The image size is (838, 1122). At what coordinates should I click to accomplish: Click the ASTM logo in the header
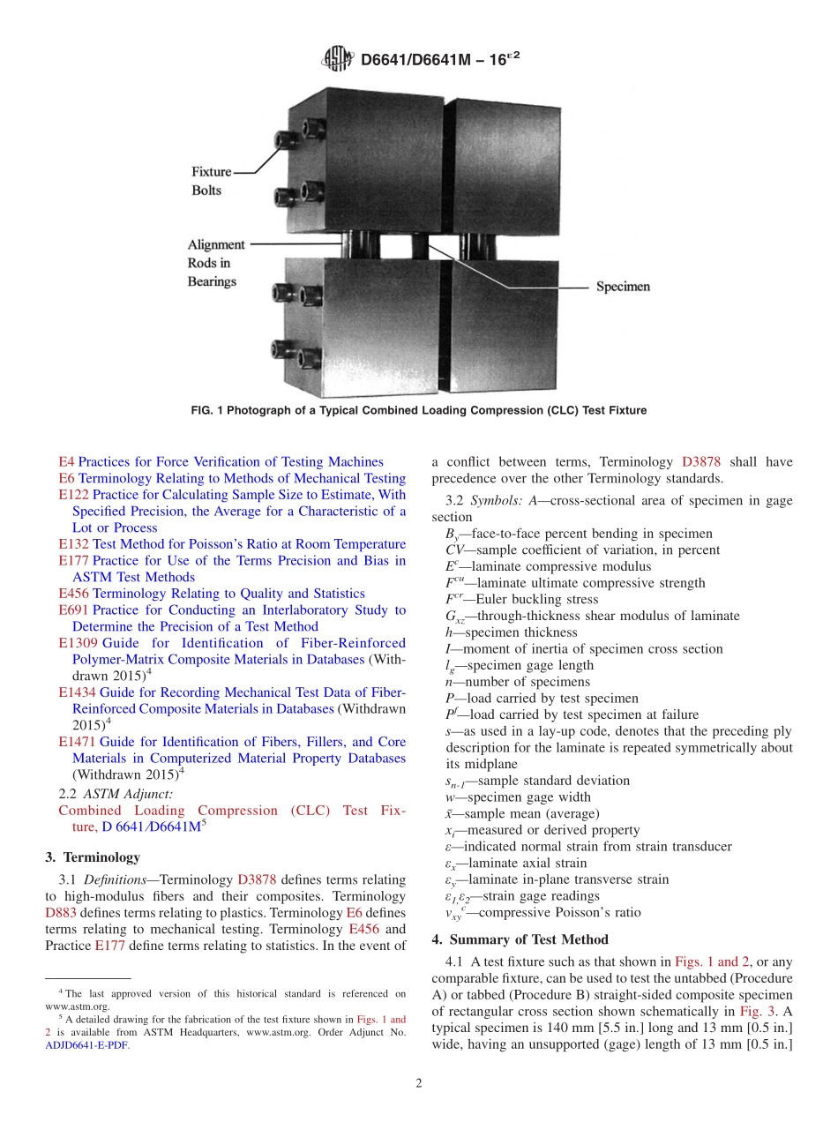click(x=339, y=60)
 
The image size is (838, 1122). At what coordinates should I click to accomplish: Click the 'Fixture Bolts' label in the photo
click(x=212, y=181)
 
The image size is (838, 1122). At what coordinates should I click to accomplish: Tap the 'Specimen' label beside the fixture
click(x=623, y=287)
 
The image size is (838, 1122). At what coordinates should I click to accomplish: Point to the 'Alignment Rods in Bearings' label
click(x=212, y=263)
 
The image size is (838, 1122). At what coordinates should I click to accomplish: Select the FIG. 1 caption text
click(x=418, y=410)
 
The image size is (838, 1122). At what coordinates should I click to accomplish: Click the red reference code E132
click(x=73, y=544)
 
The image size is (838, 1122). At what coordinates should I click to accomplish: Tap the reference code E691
click(x=73, y=610)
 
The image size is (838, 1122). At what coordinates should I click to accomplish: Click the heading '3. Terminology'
click(x=92, y=856)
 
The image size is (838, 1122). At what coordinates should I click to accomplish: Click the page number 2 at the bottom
click(x=418, y=1084)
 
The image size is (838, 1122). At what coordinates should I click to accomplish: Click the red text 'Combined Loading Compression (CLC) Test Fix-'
click(x=231, y=810)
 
